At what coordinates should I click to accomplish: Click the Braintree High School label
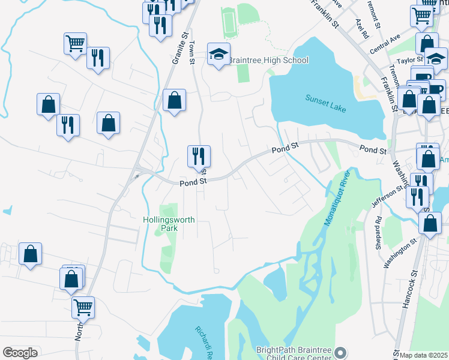(268, 60)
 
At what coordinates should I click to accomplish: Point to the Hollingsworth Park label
(169, 224)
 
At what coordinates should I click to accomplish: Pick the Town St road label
(192, 48)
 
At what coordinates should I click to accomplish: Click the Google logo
(20, 353)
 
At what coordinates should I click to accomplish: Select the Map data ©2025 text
(424, 355)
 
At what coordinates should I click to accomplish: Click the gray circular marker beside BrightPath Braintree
(341, 353)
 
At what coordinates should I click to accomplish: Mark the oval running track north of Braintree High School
(228, 22)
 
